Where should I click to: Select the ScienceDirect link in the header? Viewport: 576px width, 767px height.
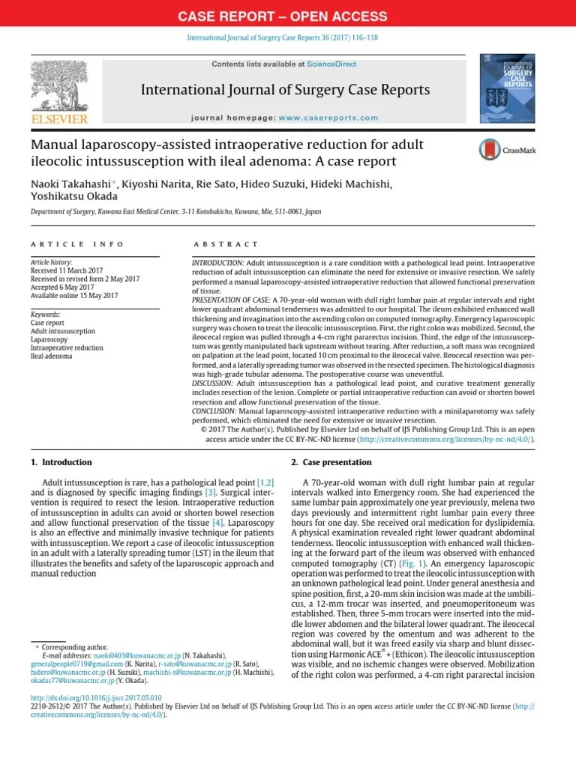(x=331, y=64)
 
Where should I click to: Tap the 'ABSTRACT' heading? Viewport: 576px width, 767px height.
(x=225, y=244)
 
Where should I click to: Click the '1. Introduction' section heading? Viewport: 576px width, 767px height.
(x=61, y=462)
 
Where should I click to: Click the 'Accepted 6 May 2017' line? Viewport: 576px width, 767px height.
(x=62, y=287)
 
